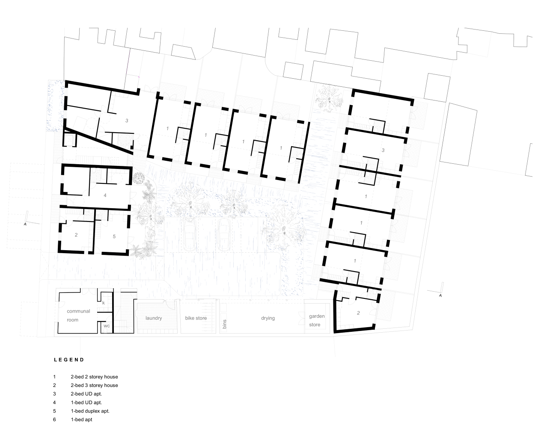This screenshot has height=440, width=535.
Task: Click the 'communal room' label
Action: pyautogui.click(x=78, y=316)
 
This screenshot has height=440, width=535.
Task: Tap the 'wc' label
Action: pyautogui.click(x=107, y=326)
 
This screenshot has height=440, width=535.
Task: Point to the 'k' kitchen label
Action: pyautogui.click(x=104, y=303)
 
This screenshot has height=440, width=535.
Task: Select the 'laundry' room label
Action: pyautogui.click(x=154, y=318)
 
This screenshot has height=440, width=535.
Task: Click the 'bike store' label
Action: pyautogui.click(x=196, y=318)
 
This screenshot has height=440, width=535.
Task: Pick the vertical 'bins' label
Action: pyautogui.click(x=225, y=324)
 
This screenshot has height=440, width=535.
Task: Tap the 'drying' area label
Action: pyautogui.click(x=268, y=318)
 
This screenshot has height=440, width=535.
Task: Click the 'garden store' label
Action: pyautogui.click(x=317, y=320)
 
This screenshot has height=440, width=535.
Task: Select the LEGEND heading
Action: pyautogui.click(x=69, y=360)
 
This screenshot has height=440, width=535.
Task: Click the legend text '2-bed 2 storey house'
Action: pyautogui.click(x=94, y=377)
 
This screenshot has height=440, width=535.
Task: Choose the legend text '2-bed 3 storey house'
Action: pyautogui.click(x=94, y=385)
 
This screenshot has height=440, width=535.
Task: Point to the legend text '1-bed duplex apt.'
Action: pyautogui.click(x=90, y=411)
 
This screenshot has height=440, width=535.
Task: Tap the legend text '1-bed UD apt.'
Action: pyautogui.click(x=86, y=402)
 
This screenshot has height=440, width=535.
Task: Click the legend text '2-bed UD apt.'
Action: pyautogui.click(x=86, y=394)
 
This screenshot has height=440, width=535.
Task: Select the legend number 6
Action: pyautogui.click(x=54, y=419)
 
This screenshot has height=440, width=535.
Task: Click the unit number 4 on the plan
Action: pyautogui.click(x=105, y=195)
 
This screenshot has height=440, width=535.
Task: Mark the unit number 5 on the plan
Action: pyautogui.click(x=114, y=236)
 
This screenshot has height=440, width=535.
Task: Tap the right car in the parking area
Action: pyautogui.click(x=223, y=235)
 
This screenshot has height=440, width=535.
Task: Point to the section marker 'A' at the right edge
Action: pyautogui.click(x=440, y=295)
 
